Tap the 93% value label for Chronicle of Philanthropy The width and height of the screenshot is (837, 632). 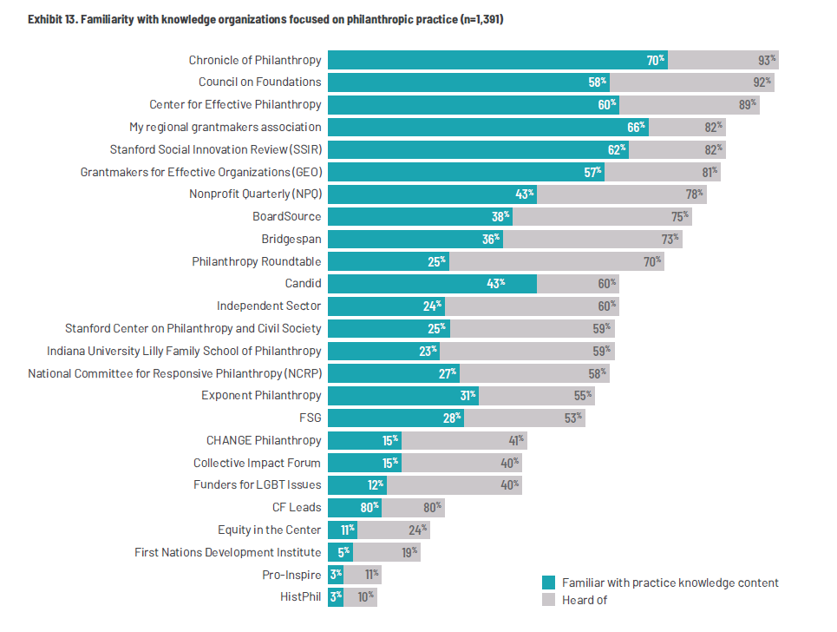tap(767, 60)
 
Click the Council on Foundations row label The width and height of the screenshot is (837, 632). tap(259, 82)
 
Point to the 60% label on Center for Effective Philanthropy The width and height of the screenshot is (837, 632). tap(607, 105)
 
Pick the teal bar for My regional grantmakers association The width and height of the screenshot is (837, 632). tap(487, 128)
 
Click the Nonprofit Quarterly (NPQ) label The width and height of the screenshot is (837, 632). tap(255, 194)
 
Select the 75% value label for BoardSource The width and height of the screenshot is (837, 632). tap(680, 217)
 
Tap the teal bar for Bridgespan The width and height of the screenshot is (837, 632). tap(415, 240)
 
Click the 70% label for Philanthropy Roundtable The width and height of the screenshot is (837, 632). tap(652, 261)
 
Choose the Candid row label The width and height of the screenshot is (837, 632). tap(303, 284)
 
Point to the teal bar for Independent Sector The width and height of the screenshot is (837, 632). tap(386, 306)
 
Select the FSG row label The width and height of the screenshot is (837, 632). tap(310, 418)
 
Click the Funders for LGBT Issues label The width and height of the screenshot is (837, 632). tap(257, 485)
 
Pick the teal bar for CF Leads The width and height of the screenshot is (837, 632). tap(354, 508)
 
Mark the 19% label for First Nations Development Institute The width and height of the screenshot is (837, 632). tap(409, 552)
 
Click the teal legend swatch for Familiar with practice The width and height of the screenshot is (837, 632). tap(548, 583)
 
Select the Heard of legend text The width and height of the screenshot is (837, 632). tap(585, 600)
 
